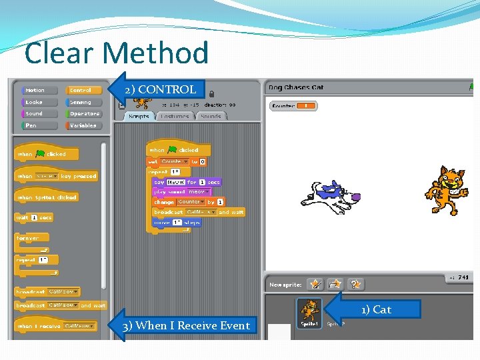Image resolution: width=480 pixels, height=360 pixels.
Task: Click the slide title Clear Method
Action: [116, 53]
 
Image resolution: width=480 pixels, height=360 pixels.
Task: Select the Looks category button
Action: [33, 102]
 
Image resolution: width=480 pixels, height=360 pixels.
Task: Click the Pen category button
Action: [31, 125]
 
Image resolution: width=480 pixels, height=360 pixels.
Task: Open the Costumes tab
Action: [175, 116]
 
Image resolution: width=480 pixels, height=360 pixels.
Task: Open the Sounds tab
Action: [210, 116]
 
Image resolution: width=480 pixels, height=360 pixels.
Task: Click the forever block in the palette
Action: [29, 238]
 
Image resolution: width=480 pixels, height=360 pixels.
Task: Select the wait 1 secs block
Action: [34, 217]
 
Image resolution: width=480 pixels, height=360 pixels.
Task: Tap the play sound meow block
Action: [180, 191]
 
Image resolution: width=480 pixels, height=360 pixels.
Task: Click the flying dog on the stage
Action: [331, 195]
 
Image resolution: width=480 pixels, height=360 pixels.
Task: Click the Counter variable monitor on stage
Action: [293, 105]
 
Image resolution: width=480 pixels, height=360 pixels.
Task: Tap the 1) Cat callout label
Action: [377, 309]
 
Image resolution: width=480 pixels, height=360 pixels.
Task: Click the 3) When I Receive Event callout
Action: [186, 325]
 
